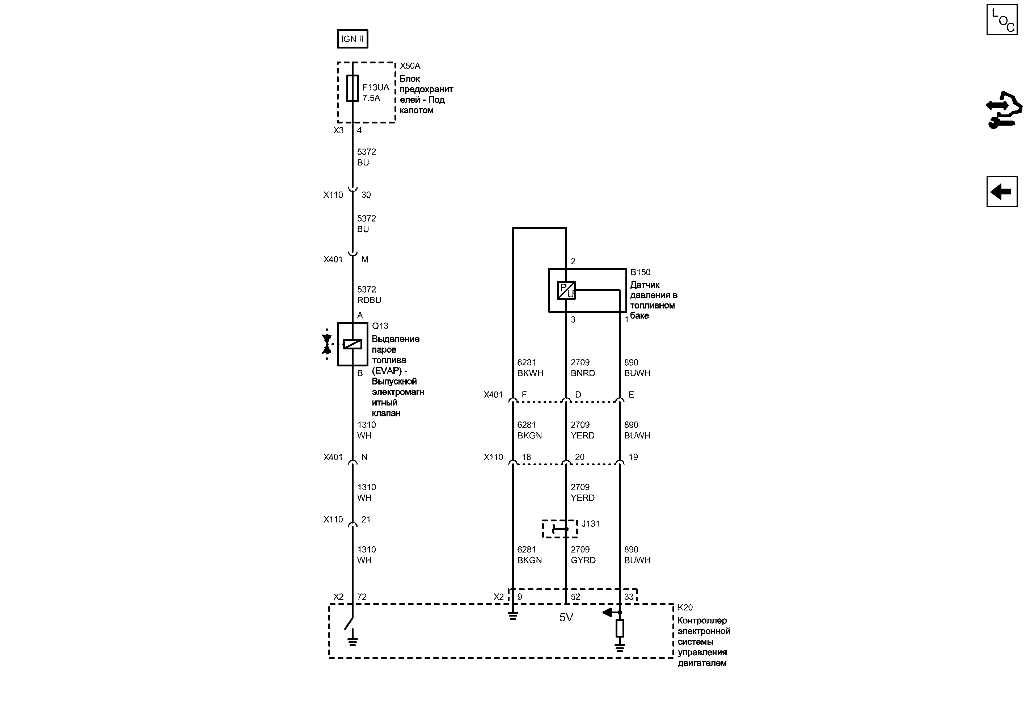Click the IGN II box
click(x=352, y=39)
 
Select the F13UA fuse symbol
click(x=352, y=88)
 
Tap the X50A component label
click(x=410, y=66)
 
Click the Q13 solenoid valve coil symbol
click(x=352, y=344)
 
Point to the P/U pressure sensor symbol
click(x=566, y=290)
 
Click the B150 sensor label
click(x=640, y=272)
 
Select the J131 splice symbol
click(x=560, y=529)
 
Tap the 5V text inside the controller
click(x=566, y=617)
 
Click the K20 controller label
click(x=685, y=608)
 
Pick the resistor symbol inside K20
click(x=620, y=628)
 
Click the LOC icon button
click(x=1002, y=20)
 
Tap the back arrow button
click(x=1002, y=192)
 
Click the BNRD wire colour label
click(x=583, y=373)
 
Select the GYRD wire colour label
click(x=583, y=560)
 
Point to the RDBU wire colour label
click(x=369, y=300)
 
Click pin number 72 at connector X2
click(x=362, y=597)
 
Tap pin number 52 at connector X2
click(x=575, y=597)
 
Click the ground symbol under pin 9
click(x=513, y=616)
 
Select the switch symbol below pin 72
click(x=349, y=623)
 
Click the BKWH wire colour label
click(x=530, y=373)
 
